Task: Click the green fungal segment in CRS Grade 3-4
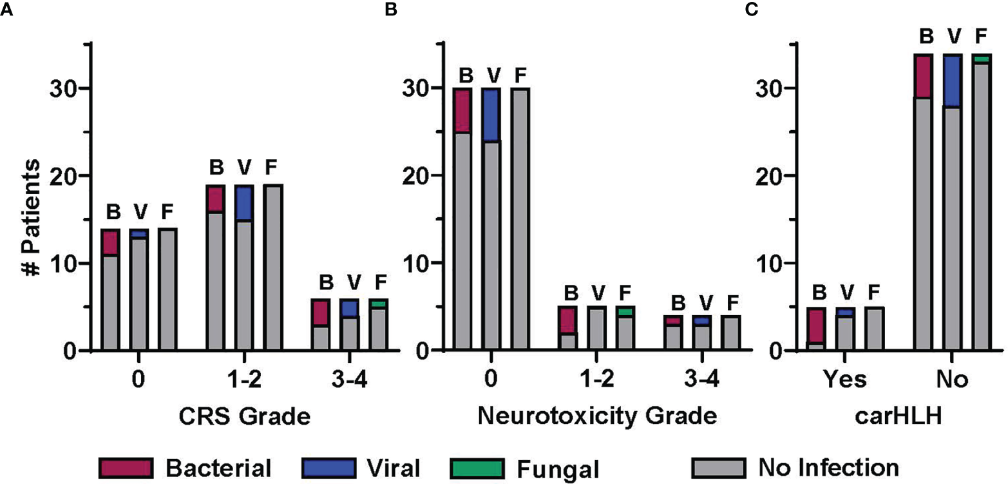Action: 271,304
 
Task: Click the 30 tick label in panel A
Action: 64,88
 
